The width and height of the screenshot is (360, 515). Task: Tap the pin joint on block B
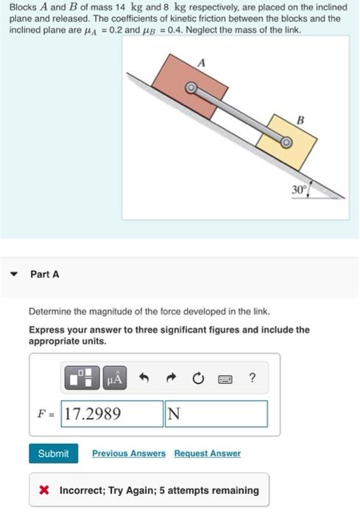click(286, 143)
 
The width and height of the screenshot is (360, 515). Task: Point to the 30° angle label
click(297, 190)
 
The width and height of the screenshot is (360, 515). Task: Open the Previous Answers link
click(129, 453)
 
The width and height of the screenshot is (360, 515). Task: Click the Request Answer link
click(207, 453)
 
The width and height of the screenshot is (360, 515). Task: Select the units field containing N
click(216, 413)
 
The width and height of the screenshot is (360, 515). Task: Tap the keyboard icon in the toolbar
click(225, 379)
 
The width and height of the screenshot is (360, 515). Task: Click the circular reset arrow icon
click(198, 379)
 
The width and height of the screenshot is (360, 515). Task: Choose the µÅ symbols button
click(116, 379)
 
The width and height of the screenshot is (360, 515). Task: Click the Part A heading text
click(45, 274)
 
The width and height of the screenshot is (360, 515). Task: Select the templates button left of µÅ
click(83, 379)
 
